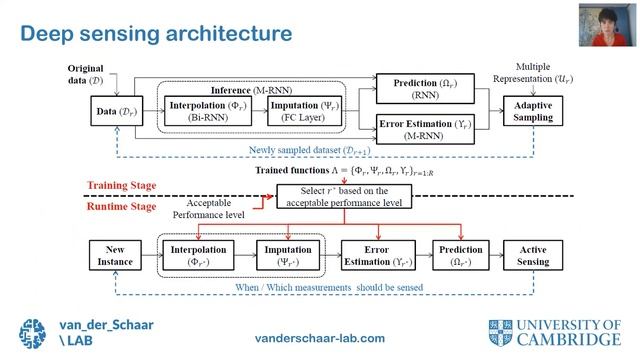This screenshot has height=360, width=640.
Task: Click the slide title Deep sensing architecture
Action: [156, 33]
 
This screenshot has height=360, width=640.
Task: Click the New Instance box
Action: [116, 255]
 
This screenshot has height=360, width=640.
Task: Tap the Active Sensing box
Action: [532, 255]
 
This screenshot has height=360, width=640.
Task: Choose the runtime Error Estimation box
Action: [373, 255]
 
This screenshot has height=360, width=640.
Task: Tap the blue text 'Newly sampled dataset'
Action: [315, 152]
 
